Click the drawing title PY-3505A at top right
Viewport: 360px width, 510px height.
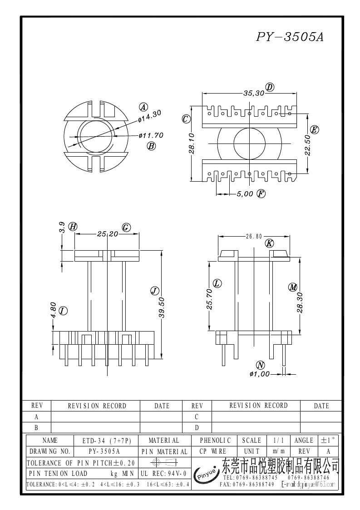coord(290,37)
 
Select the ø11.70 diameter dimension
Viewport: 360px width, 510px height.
coord(151,135)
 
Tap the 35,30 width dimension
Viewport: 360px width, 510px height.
coord(254,93)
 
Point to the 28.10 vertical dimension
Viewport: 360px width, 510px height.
coord(192,144)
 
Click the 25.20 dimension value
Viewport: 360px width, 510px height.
coord(107,234)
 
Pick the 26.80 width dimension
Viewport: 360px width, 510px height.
coord(254,236)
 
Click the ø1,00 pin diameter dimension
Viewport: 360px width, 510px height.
coord(259,374)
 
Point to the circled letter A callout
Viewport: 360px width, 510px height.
coord(143,107)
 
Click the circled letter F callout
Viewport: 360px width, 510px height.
coord(261,194)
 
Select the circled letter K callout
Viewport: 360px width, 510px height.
coord(269,243)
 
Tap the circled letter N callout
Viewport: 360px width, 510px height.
coord(260,365)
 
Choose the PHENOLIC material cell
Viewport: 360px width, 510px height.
coord(215,441)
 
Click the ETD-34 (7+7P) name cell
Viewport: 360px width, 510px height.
coord(106,441)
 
